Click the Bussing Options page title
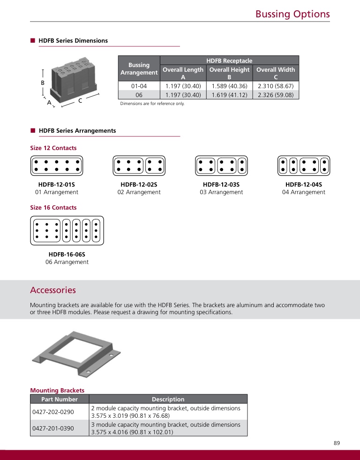(x=292, y=14)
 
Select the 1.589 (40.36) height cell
(x=229, y=86)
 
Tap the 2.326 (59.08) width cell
(x=276, y=95)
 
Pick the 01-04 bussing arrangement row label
(x=139, y=86)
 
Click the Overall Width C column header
(x=276, y=73)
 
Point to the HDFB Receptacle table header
(x=229, y=60)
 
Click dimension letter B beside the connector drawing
(x=43, y=83)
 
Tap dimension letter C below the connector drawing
(x=80, y=100)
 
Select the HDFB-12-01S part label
(x=57, y=185)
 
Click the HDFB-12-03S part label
(x=221, y=185)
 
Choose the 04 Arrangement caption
(x=303, y=192)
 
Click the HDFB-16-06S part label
(x=67, y=255)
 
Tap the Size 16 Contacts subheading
(x=53, y=208)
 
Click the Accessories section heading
(x=53, y=290)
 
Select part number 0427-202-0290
(x=53, y=412)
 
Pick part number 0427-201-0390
(x=53, y=428)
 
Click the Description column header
(x=168, y=400)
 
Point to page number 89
(x=337, y=443)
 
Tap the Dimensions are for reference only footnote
(x=152, y=104)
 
